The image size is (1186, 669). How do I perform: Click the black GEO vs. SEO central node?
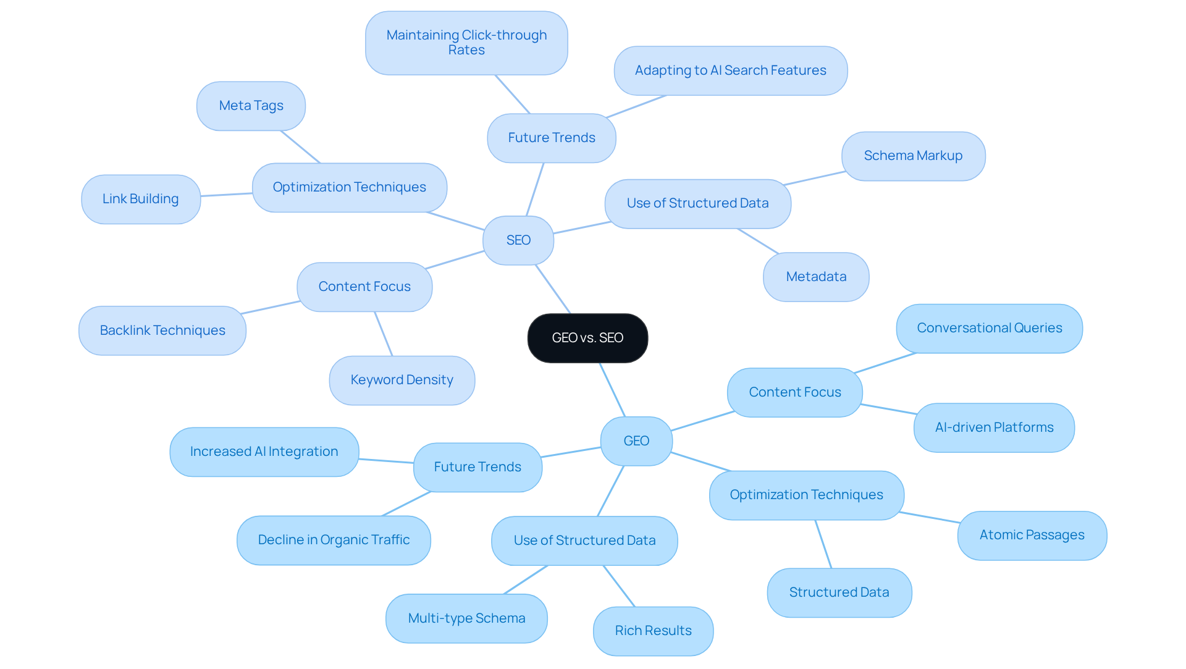[x=587, y=338]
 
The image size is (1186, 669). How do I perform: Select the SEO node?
[x=518, y=240]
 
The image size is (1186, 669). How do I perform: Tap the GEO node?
[x=636, y=441]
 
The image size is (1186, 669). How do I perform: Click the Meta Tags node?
[x=251, y=106]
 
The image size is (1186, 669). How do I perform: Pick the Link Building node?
[x=140, y=199]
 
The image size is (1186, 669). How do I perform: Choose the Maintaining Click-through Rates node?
[x=466, y=43]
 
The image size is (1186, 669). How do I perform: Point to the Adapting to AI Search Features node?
[x=730, y=70]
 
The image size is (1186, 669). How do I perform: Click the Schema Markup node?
[x=913, y=156]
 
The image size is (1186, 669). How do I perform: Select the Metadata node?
[x=816, y=277]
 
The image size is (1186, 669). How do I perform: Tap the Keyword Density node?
[x=402, y=380]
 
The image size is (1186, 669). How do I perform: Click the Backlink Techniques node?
[x=162, y=330]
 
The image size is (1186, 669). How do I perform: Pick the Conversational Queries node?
[x=989, y=328]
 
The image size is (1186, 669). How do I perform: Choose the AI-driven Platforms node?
[x=994, y=427]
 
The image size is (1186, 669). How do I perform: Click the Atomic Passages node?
[x=1032, y=535]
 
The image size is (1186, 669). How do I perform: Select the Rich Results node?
[x=653, y=631]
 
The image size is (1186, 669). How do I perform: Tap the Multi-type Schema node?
[x=466, y=618]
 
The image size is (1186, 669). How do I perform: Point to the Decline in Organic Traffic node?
[x=334, y=540]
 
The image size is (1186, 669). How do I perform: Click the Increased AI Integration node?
[x=264, y=452]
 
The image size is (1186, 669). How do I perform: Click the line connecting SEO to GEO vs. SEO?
[x=553, y=289]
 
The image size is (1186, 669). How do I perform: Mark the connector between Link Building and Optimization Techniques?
[x=226, y=195]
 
